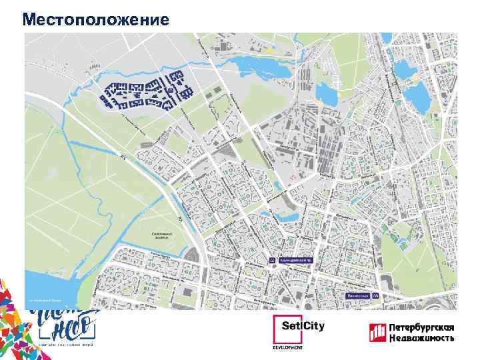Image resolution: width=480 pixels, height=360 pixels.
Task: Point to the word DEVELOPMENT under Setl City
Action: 288,347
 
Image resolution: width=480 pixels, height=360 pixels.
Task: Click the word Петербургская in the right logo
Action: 421,327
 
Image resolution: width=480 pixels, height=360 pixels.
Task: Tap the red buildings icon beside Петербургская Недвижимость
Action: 378,332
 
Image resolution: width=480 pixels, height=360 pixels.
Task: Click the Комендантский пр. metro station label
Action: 295,261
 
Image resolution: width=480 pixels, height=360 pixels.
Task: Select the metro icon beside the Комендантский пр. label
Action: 272,261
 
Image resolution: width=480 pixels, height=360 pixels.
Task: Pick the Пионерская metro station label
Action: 358,295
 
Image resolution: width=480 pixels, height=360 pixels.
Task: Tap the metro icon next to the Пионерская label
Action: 375,295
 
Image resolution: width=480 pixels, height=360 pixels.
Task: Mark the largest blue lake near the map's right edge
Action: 419,97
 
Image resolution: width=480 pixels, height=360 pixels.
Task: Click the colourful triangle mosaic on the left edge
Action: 13,307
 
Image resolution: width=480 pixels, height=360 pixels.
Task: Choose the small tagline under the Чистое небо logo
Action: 64,345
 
